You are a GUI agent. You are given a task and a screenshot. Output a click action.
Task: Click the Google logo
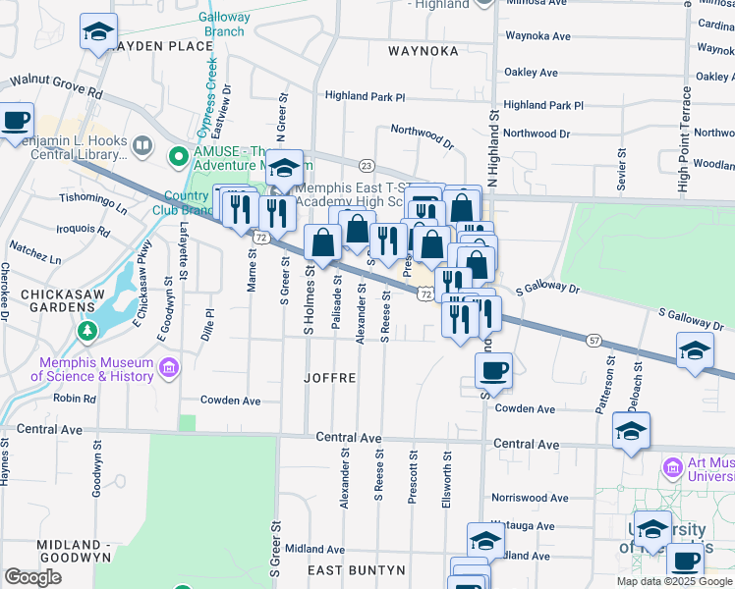tap(32, 577)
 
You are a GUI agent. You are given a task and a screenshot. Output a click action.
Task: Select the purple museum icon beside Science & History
tap(169, 369)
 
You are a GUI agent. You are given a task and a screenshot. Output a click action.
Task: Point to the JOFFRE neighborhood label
tap(330, 377)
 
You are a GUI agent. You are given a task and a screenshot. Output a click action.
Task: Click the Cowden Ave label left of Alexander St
tap(230, 401)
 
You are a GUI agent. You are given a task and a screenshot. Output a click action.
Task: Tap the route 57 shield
tap(594, 340)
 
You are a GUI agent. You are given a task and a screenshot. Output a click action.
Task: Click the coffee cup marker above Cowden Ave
tap(493, 370)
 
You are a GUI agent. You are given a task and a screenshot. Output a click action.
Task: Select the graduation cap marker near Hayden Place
tap(98, 32)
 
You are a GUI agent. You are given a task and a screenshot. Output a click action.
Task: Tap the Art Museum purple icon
tap(672, 466)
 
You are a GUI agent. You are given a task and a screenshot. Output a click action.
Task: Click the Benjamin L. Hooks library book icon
tap(143, 147)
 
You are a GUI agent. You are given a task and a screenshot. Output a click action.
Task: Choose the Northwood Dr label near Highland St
tap(537, 134)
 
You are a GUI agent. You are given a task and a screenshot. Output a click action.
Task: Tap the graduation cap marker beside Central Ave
tap(631, 430)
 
